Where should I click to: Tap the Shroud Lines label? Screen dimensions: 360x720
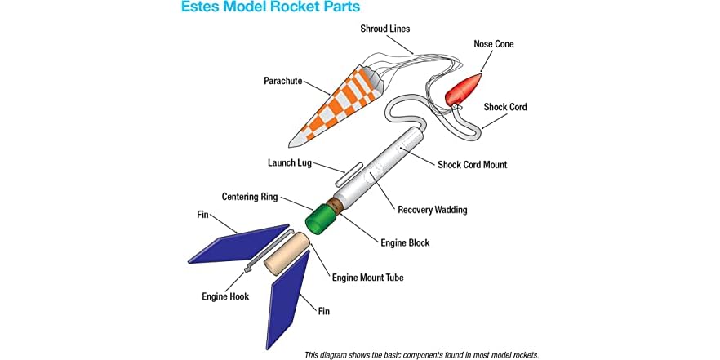click(385, 29)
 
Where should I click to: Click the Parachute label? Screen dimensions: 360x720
click(283, 81)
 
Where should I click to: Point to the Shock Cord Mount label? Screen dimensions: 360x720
click(472, 165)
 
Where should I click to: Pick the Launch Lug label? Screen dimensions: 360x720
click(291, 162)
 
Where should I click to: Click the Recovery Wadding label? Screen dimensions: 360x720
click(432, 210)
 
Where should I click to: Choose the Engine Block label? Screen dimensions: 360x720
click(405, 242)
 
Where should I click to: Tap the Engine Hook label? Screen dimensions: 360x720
click(225, 296)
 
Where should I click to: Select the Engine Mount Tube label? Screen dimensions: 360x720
click(367, 278)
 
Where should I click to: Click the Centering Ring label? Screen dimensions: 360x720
click(250, 197)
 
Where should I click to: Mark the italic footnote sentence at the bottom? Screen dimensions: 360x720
click(421, 354)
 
